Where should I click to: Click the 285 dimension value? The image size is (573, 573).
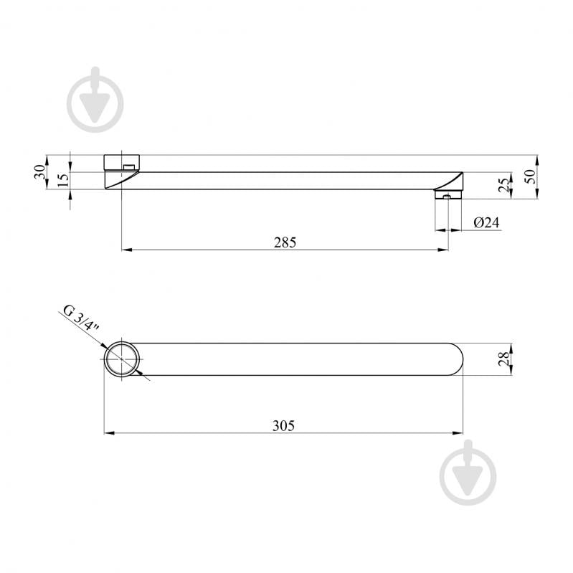click(x=285, y=242)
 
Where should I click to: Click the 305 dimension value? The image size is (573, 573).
click(x=283, y=426)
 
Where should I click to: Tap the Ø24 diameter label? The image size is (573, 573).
click(x=486, y=222)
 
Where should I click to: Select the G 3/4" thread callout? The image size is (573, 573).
click(x=81, y=318)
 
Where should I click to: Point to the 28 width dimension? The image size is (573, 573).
click(x=503, y=359)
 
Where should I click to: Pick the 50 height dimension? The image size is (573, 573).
click(x=530, y=176)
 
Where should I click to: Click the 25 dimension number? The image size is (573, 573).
click(x=503, y=185)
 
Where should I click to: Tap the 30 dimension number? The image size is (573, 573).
click(x=40, y=171)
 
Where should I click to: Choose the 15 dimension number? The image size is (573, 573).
click(x=63, y=181)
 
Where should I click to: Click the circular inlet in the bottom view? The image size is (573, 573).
click(x=122, y=359)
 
